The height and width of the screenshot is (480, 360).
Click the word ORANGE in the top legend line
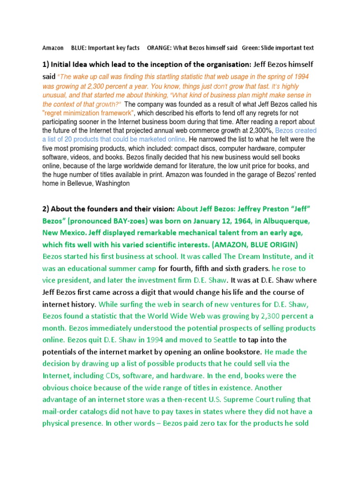pyautogui.click(x=158, y=48)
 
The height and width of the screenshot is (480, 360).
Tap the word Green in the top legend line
pyautogui.click(x=250, y=48)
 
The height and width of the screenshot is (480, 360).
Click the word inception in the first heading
pyautogui.click(x=165, y=64)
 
